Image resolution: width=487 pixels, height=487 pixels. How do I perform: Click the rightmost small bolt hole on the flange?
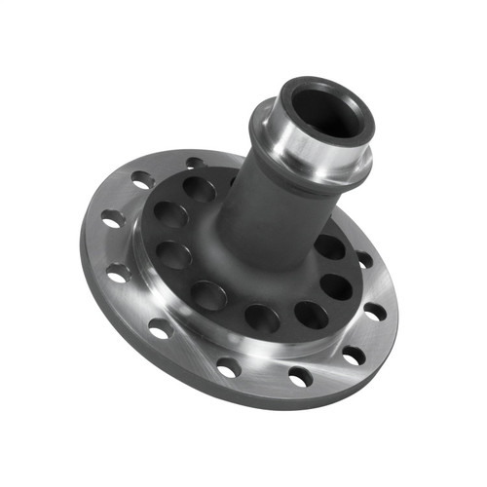coord(374,313)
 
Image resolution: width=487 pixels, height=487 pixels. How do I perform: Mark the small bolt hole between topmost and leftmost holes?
coord(143,180)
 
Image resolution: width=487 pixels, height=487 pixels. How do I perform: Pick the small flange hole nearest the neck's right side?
coord(363,260)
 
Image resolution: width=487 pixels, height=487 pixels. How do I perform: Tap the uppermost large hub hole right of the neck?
coord(329,247)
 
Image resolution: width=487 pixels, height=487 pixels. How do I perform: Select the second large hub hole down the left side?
coord(174,254)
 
